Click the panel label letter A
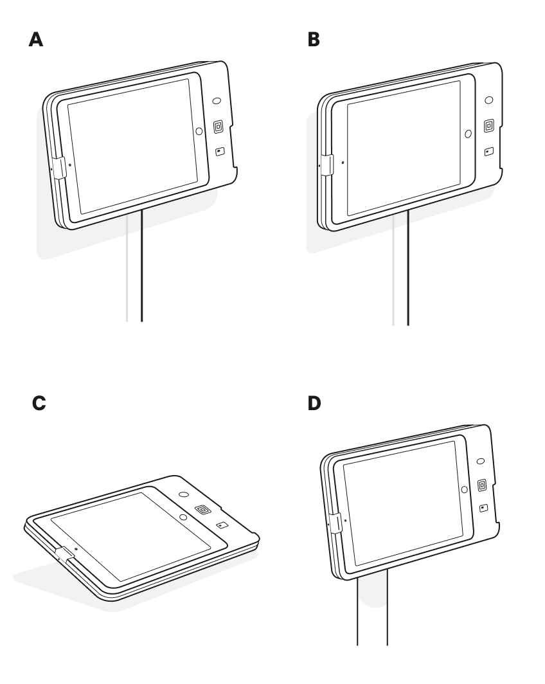coord(37,40)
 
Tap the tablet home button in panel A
coord(199,130)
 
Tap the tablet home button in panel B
coord(469,134)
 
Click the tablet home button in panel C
coord(183,516)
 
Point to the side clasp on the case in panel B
coord(326,164)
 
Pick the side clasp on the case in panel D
coord(334,523)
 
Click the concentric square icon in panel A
coord(218,127)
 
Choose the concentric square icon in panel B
coord(488,125)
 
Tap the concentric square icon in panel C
coord(203,510)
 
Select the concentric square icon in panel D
coord(482,485)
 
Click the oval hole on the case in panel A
coord(217,102)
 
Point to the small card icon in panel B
coord(488,152)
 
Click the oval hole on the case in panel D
coord(481,462)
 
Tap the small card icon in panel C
coord(222,525)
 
